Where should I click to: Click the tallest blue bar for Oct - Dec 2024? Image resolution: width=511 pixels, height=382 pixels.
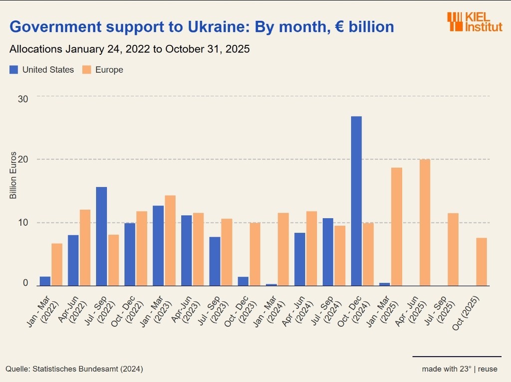coord(356,201)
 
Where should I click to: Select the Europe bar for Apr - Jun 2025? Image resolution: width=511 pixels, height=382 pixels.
coord(425,222)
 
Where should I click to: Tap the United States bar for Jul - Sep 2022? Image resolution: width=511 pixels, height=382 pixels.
coord(101,236)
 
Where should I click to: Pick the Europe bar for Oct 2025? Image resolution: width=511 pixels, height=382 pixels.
coord(481,261)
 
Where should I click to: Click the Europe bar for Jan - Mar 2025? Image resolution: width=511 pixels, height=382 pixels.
coord(396,227)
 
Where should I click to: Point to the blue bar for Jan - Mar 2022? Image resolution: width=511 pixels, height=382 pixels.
coord(45,281)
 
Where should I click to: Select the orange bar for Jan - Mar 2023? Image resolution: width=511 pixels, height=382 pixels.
coord(170,241)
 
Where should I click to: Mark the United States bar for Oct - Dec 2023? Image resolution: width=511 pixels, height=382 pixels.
coord(243,281)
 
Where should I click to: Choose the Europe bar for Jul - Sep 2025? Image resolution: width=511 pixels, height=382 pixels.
coord(453,249)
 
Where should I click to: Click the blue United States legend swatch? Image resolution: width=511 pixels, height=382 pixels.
coord(14,70)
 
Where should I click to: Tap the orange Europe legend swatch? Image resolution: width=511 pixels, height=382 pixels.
coord(87,70)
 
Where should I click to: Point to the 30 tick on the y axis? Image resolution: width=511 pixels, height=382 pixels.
coord(22,98)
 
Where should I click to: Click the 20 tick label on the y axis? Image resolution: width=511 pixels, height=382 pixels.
coord(22,159)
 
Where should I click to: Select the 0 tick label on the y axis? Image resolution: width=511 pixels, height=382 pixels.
coord(25,283)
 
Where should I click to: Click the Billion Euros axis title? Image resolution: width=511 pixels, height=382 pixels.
coord(13,175)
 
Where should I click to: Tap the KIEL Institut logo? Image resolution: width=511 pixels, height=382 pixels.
coord(475,22)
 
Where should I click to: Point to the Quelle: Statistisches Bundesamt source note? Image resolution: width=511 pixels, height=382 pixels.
coord(74,369)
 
